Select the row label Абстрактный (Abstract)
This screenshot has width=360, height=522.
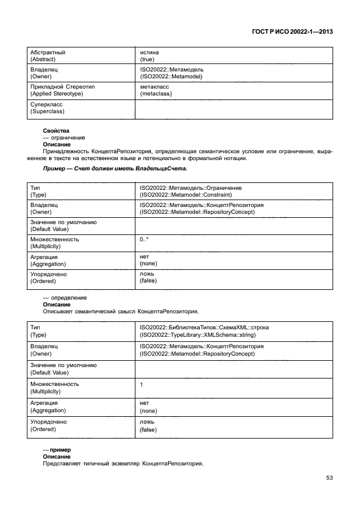click(x=47, y=56)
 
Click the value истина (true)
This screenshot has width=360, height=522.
click(x=149, y=56)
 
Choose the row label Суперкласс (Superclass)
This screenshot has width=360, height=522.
click(x=47, y=109)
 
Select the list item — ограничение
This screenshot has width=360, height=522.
click(x=64, y=138)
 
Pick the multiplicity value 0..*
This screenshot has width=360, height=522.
click(x=145, y=240)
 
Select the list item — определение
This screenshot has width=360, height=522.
click(x=65, y=298)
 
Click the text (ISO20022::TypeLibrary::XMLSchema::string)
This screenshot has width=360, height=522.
click(x=197, y=335)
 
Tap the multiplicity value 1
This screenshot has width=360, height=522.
click(x=142, y=385)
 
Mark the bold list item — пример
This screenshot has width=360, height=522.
click(x=55, y=450)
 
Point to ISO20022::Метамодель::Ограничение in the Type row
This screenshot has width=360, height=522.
click(x=190, y=188)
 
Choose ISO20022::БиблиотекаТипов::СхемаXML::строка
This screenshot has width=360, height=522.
click(x=204, y=328)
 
